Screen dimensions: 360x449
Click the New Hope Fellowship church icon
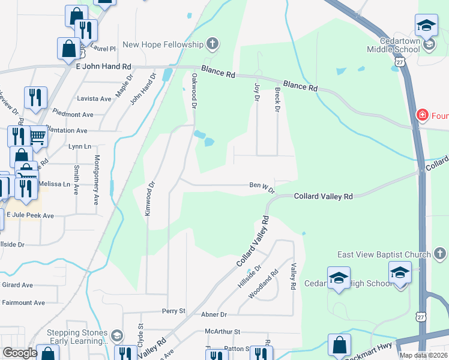pyautogui.click(x=211, y=44)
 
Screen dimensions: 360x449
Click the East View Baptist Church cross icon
pyautogui.click(x=439, y=254)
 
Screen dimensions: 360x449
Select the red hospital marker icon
pyautogui.click(x=423, y=115)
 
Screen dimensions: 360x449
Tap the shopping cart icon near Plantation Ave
pyautogui.click(x=38, y=138)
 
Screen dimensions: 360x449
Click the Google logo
pyautogui.click(x=20, y=353)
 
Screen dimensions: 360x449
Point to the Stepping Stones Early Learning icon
pyautogui.click(x=117, y=335)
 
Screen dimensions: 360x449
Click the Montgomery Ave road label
pyautogui.click(x=96, y=180)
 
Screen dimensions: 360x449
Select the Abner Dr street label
pyautogui.click(x=215, y=314)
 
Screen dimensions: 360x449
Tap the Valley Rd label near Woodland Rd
pyautogui.click(x=294, y=277)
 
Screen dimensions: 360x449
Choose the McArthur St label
pyautogui.click(x=222, y=331)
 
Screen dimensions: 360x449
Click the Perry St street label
pyautogui.click(x=174, y=311)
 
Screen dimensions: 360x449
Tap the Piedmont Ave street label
pyautogui.click(x=73, y=114)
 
